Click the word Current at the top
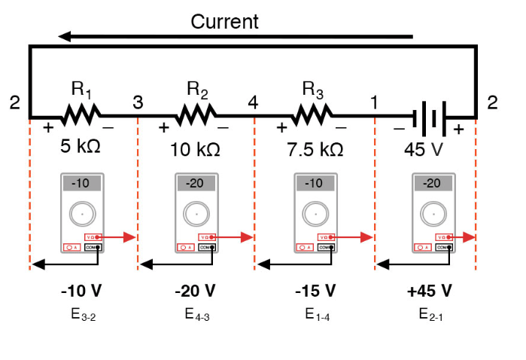(224, 21)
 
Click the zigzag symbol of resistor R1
(81, 117)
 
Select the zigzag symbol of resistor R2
(197, 117)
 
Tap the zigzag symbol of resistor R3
(313, 117)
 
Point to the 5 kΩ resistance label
(81, 146)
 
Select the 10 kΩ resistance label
(195, 149)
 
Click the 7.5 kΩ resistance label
(315, 149)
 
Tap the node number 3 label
(138, 102)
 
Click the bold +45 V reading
(430, 291)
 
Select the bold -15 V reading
(314, 291)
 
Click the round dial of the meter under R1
(81, 214)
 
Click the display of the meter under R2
(197, 183)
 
